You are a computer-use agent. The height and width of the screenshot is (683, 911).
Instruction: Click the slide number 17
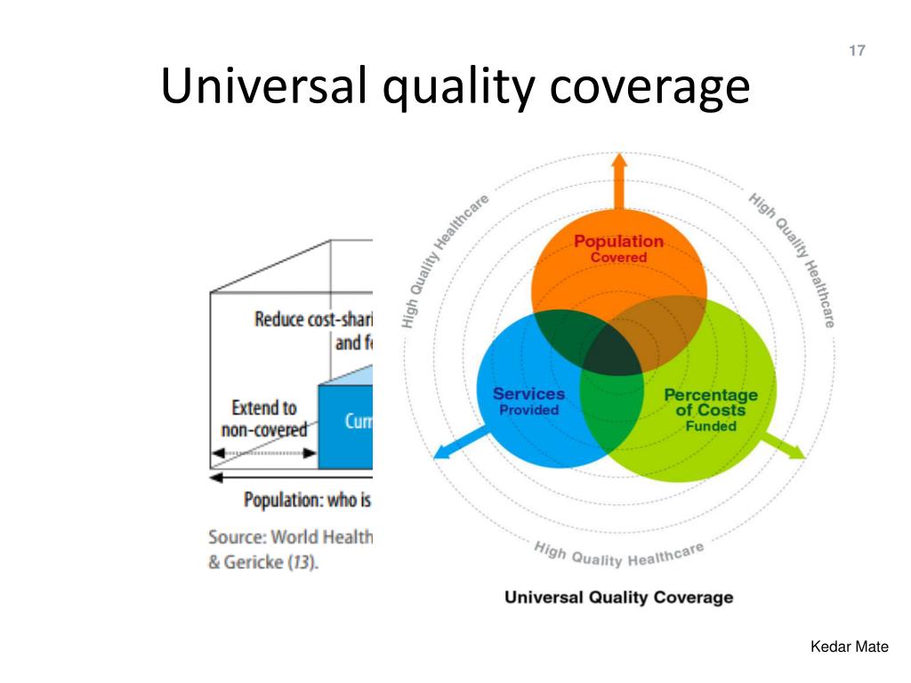[x=857, y=51]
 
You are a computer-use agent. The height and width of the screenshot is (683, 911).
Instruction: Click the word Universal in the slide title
[x=262, y=87]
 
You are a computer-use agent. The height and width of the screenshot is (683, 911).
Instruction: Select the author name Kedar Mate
[x=849, y=647]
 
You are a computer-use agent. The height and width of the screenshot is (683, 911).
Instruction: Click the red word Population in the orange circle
[x=618, y=241]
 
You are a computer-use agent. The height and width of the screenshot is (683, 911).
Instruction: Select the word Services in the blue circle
[x=528, y=394]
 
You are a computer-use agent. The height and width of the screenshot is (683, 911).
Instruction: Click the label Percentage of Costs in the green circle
[x=710, y=403]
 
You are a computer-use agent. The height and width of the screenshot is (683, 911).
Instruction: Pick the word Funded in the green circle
[x=711, y=426]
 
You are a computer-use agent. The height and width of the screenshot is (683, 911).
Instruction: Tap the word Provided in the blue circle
[x=528, y=410]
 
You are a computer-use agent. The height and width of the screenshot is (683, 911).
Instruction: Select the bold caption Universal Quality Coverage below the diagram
[x=618, y=597]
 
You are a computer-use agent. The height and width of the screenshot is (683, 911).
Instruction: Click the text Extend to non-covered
[x=263, y=419]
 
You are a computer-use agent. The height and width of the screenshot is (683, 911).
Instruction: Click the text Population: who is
[x=306, y=500]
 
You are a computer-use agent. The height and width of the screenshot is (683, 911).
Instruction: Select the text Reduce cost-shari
[x=313, y=318]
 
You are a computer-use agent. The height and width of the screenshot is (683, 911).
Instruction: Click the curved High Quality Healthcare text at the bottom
[x=618, y=556]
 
